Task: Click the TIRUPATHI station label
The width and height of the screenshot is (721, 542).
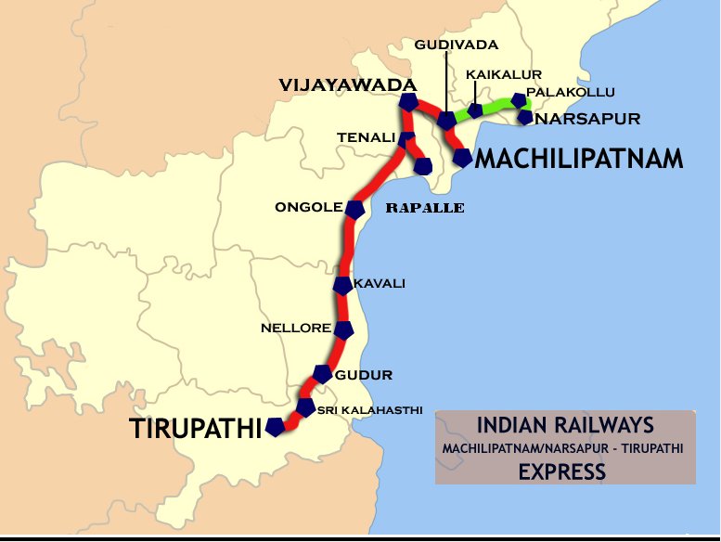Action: pos(195,429)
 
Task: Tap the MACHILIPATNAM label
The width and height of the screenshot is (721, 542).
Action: pos(579,160)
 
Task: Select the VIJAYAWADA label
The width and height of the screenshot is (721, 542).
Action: pos(346,84)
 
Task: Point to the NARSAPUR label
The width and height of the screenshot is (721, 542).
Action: pos(588,119)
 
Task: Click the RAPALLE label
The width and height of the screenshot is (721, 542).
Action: pos(424,208)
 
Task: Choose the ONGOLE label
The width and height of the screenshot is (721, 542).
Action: pos(309,207)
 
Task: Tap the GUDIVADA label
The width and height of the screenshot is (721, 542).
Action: pos(457,45)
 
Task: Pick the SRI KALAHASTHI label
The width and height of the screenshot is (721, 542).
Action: pos(370,409)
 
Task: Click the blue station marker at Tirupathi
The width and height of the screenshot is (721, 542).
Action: pos(275,427)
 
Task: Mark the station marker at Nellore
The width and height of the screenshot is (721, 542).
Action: pos(344,329)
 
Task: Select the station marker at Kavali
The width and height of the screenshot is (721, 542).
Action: pos(342,285)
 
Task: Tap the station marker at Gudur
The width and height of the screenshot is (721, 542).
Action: pos(322,374)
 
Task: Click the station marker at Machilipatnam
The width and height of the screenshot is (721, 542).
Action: pos(461,158)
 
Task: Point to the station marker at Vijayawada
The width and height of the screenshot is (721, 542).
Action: pos(408,102)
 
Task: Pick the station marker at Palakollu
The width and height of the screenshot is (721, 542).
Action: pos(519,100)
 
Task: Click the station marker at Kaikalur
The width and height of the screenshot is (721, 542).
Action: pos(475,110)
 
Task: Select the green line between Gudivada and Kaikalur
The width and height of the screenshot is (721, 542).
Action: pos(461,116)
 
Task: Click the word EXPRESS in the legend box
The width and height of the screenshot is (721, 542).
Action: pos(562,471)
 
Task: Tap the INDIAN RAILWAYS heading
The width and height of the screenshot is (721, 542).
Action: pos(565,426)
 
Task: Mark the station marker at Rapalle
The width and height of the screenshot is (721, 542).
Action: pos(423,166)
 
